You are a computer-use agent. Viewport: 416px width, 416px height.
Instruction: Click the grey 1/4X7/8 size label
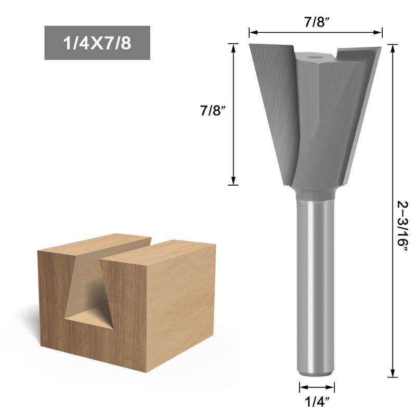point(97,43)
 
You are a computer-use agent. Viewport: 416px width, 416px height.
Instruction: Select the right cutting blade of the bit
point(359,104)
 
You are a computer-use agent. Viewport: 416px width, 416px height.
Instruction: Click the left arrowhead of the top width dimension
point(252,33)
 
